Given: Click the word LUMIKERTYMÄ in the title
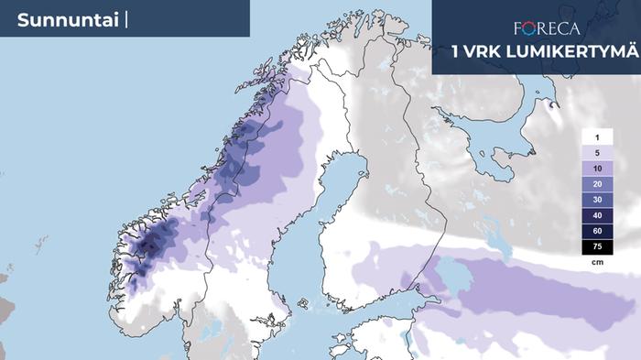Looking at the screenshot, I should [x=566, y=52].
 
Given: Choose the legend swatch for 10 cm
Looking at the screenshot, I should [x=596, y=169].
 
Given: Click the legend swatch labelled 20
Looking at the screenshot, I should [x=596, y=184].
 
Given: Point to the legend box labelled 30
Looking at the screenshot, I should [x=596, y=200].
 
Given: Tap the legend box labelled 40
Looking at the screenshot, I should [x=596, y=215].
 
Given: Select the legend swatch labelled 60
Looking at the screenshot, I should [x=596, y=231].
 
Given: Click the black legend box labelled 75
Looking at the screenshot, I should [x=596, y=246].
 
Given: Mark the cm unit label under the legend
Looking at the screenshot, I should [x=596, y=261].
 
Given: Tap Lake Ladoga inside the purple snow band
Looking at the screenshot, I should [x=448, y=272].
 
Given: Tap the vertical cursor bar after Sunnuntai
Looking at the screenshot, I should [x=125, y=19].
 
